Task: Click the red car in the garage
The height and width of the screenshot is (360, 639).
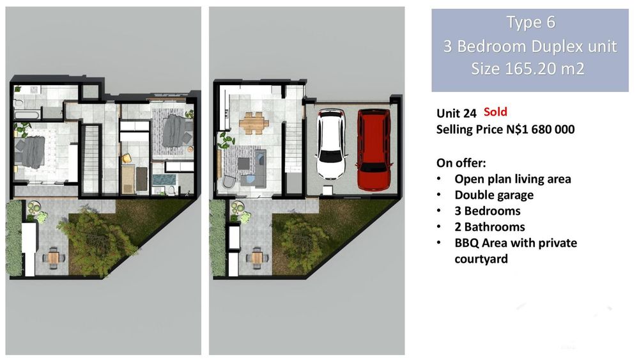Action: [374, 149]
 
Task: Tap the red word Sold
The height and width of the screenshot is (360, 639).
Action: [496, 112]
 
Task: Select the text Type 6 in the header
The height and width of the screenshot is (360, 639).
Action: [530, 22]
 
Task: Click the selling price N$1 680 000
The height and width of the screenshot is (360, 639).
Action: [541, 129]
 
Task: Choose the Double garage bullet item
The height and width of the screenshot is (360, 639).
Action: [494, 195]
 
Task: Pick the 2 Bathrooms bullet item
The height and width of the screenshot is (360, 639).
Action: [490, 227]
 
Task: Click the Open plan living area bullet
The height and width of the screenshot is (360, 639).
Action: [512, 179]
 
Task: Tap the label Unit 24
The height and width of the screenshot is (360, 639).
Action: [456, 113]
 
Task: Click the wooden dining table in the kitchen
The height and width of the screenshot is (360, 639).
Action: [254, 121]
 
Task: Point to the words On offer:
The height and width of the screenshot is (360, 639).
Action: [461, 163]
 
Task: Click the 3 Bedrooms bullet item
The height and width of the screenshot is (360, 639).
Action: [488, 211]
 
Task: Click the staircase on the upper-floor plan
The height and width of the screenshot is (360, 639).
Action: [91, 159]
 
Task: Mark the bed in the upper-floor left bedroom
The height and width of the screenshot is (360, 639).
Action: [31, 152]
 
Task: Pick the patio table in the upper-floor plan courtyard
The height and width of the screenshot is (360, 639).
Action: [54, 258]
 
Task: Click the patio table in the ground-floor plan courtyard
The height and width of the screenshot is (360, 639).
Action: [257, 258]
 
